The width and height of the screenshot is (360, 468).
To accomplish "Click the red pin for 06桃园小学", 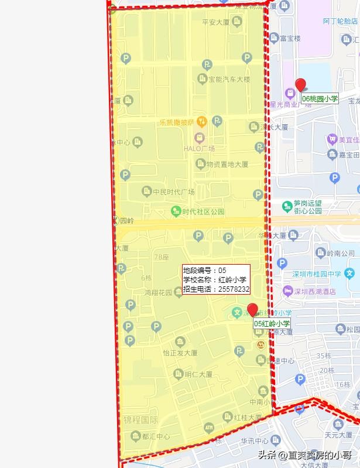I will [x=300, y=85].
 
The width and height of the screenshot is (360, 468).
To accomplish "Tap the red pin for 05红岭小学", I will [x=252, y=310].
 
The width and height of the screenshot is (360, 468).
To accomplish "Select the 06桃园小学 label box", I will [x=320, y=99].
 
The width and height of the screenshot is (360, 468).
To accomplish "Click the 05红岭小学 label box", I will [x=272, y=323].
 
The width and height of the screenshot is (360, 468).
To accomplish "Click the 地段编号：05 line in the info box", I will [x=205, y=271].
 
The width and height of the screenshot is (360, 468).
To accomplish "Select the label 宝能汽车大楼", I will [x=229, y=79].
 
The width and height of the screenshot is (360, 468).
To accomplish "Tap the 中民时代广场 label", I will [x=173, y=192].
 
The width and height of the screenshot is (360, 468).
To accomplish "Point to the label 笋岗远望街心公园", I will [x=308, y=207].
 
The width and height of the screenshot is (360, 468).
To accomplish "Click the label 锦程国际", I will [x=140, y=421].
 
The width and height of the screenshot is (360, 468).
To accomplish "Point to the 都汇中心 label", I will [x=155, y=436].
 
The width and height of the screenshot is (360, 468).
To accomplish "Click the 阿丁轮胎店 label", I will [x=340, y=21].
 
